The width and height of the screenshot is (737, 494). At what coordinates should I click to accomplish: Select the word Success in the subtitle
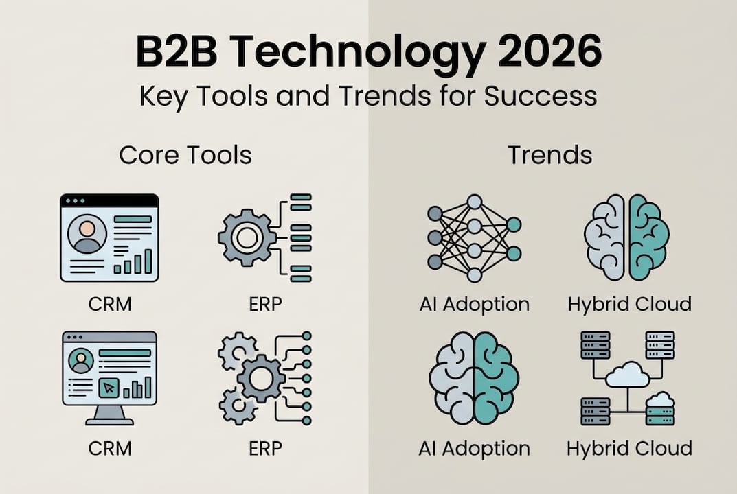(541, 96)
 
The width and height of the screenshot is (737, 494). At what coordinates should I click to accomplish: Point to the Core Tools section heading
(185, 154)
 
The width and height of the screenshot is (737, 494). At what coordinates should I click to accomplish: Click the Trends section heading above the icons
(549, 154)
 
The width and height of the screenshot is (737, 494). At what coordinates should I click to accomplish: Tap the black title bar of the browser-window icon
(110, 200)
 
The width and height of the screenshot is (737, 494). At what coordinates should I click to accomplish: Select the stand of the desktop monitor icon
(109, 414)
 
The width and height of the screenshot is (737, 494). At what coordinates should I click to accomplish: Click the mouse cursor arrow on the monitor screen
(109, 388)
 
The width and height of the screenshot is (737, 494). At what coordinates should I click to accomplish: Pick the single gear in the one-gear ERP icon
(245, 237)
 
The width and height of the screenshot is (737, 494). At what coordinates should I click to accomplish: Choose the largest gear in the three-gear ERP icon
(260, 378)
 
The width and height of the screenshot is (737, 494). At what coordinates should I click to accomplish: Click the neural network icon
(474, 238)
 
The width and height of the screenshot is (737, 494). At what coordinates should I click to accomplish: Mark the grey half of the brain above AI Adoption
(452, 378)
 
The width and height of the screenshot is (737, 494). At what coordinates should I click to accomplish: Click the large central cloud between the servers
(628, 375)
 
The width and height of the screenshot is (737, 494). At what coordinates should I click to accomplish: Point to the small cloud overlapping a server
(659, 399)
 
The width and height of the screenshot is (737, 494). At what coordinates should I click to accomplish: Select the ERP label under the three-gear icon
(265, 448)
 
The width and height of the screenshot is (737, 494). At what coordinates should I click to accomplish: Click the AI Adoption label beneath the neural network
(474, 303)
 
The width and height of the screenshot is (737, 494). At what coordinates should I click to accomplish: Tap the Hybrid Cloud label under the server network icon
(628, 449)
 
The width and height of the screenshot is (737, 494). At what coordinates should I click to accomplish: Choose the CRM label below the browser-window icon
(110, 303)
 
